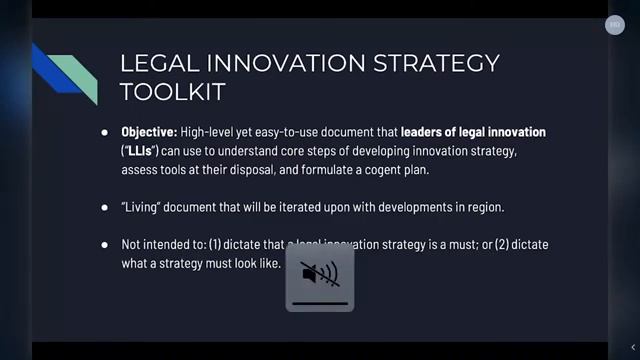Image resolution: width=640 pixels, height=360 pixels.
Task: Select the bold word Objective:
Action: tap(149, 132)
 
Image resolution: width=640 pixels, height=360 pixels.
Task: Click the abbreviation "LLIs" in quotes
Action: tap(141, 151)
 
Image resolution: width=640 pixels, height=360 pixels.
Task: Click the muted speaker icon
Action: tap(319, 273)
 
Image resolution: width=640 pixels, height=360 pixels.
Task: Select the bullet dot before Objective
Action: tap(105, 133)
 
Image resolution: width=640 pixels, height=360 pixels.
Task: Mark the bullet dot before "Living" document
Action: tap(105, 208)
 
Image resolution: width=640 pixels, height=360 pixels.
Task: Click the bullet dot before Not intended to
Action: tap(105, 246)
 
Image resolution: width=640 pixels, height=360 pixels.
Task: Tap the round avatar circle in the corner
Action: tap(615, 26)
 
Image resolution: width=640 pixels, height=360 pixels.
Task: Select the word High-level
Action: tap(212, 132)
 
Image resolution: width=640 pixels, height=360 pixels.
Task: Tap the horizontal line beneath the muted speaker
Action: tap(319, 302)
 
